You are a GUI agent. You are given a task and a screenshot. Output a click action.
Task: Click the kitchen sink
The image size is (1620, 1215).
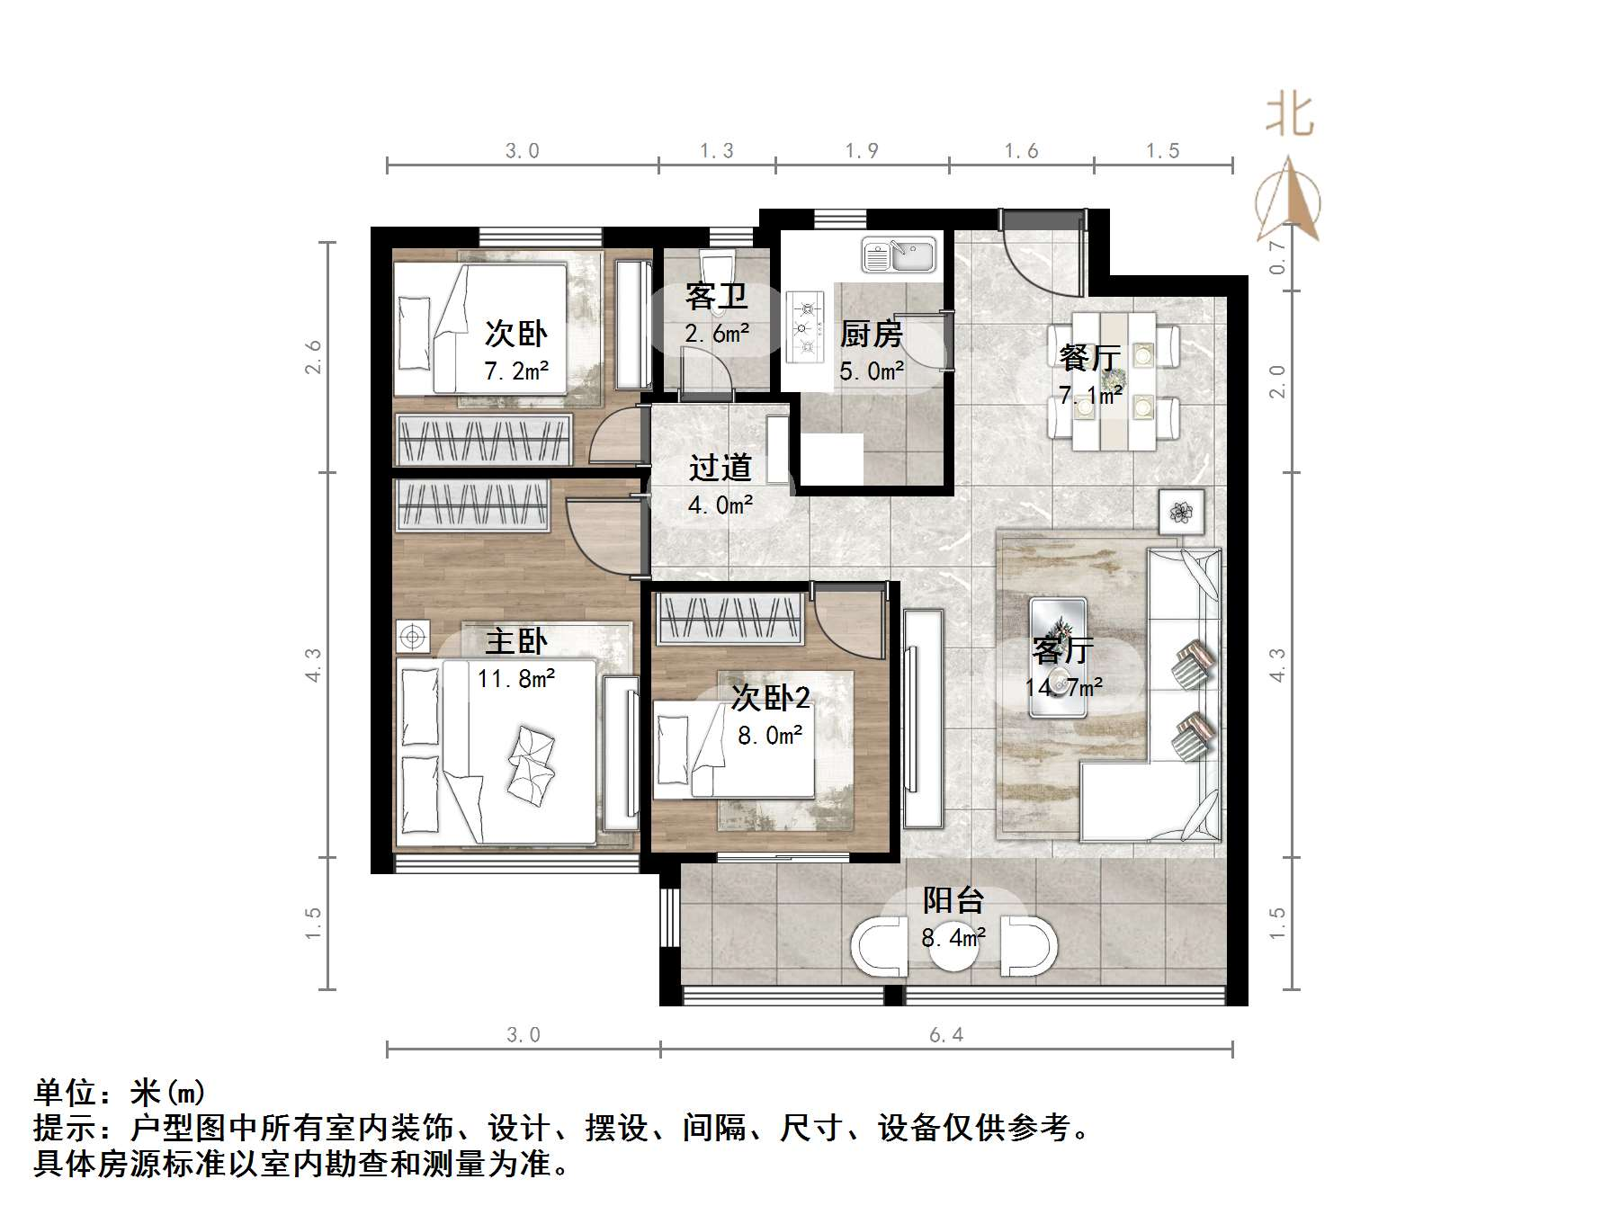(x=899, y=255)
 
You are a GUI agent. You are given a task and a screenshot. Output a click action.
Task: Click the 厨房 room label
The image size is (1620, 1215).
(x=871, y=335)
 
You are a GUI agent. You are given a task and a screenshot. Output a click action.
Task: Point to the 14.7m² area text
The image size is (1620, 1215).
(x=1063, y=688)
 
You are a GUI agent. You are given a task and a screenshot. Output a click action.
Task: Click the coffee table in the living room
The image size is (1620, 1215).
(x=1058, y=657)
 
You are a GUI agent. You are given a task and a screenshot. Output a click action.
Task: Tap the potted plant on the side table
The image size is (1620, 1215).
(x=1181, y=513)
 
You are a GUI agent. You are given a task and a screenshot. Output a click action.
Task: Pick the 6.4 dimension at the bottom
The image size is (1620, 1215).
(x=946, y=1035)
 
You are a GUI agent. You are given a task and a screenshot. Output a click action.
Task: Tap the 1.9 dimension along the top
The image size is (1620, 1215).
(x=862, y=151)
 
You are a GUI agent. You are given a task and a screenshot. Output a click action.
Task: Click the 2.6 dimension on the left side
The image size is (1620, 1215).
(x=313, y=357)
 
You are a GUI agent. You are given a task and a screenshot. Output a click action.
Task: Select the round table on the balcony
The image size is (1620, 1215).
(x=953, y=945)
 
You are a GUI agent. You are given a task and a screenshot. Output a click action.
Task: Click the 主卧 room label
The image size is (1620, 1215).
(x=515, y=641)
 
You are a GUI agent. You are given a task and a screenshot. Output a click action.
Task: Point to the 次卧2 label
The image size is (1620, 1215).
(x=770, y=697)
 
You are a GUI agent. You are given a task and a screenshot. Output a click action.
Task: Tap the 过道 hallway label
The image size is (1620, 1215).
(x=720, y=468)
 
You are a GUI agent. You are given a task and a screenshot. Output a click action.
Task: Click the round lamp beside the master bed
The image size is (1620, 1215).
(x=413, y=637)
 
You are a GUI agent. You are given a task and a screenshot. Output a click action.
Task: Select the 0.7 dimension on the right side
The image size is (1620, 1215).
(x=1277, y=257)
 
